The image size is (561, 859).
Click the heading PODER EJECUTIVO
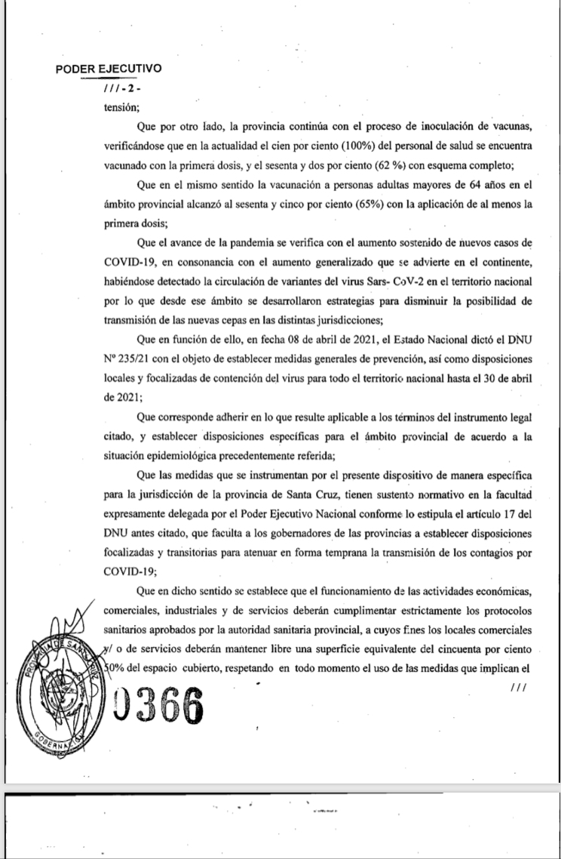(109, 69)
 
